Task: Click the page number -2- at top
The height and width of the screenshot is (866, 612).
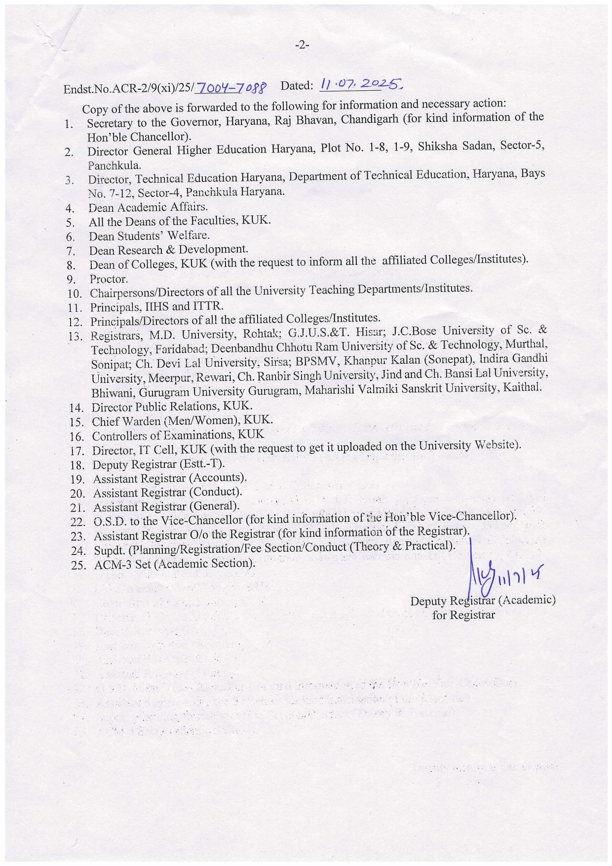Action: (x=302, y=45)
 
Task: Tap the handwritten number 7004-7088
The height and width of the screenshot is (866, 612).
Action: (x=231, y=88)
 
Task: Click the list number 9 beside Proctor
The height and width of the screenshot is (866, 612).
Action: (x=71, y=280)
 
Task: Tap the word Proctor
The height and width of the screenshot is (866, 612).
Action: (x=109, y=279)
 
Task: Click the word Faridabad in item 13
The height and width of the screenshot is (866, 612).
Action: (x=184, y=349)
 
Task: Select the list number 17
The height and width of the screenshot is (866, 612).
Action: (x=77, y=451)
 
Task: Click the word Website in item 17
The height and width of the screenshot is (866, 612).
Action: (x=496, y=445)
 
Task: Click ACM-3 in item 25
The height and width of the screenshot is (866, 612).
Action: (x=113, y=565)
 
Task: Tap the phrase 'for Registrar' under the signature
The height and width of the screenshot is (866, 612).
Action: (x=463, y=615)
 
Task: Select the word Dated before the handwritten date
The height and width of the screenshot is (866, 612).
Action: (x=297, y=86)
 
